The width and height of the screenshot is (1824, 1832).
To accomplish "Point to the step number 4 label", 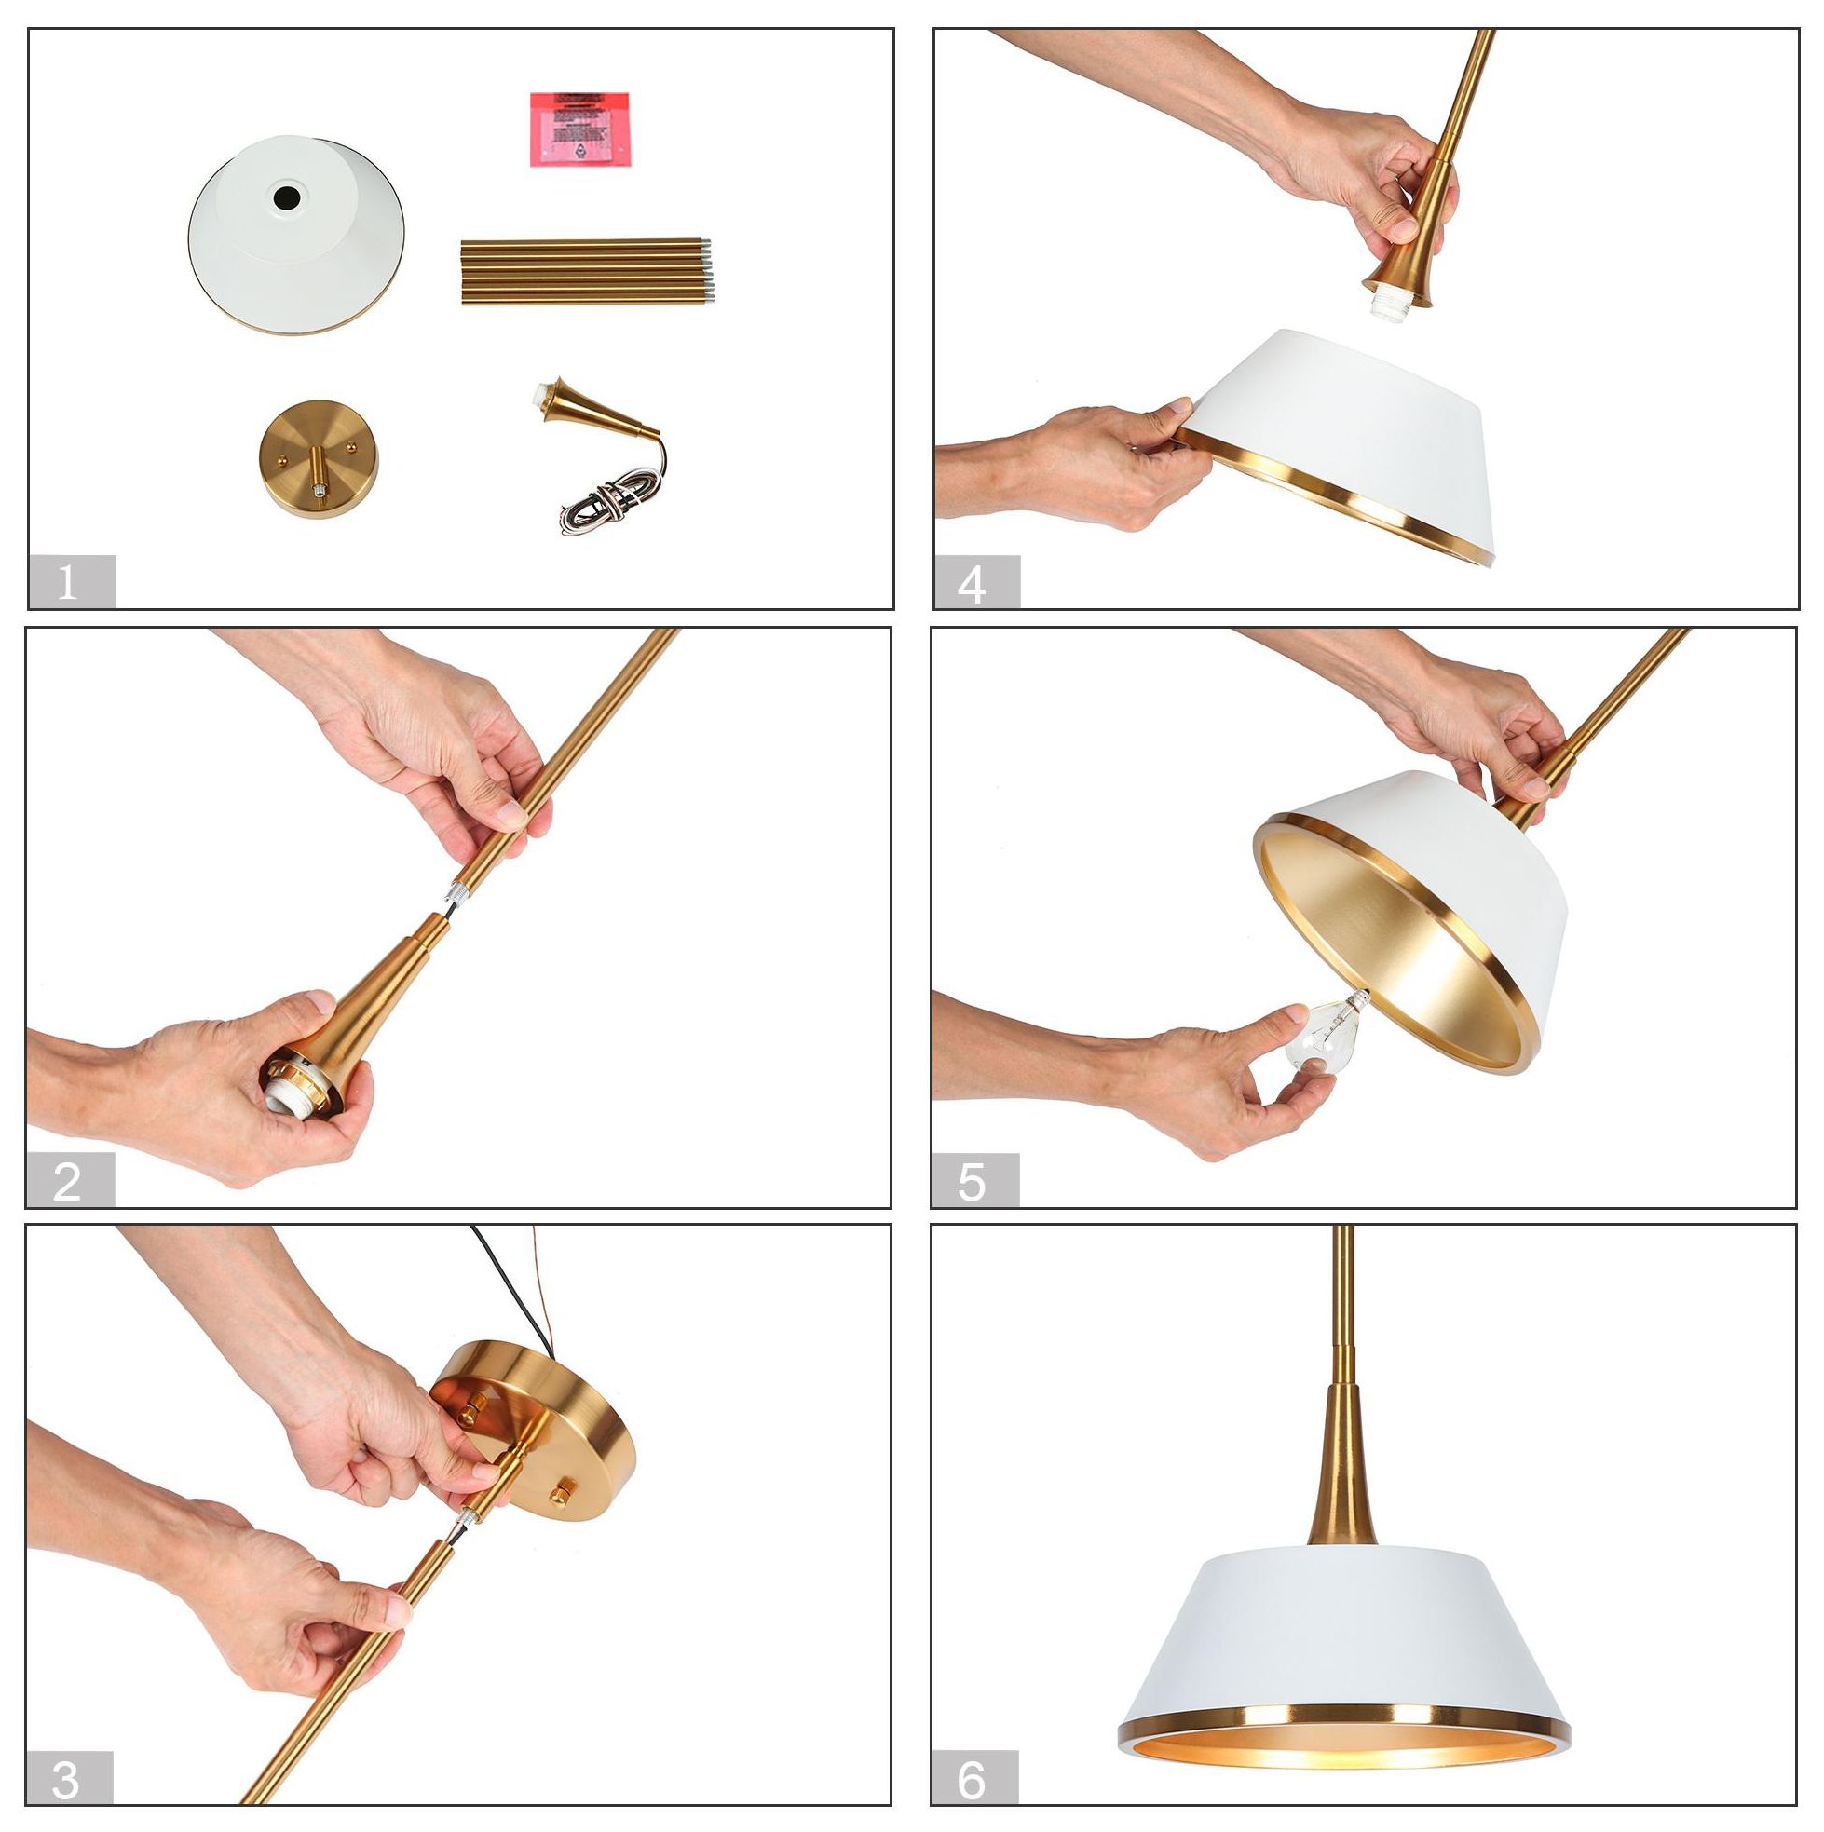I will coord(973,582).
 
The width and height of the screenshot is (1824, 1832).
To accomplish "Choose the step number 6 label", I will coord(973,1781).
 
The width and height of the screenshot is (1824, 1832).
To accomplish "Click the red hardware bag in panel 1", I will coord(579,129).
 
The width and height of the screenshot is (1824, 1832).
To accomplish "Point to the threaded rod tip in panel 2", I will coord(455,893).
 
